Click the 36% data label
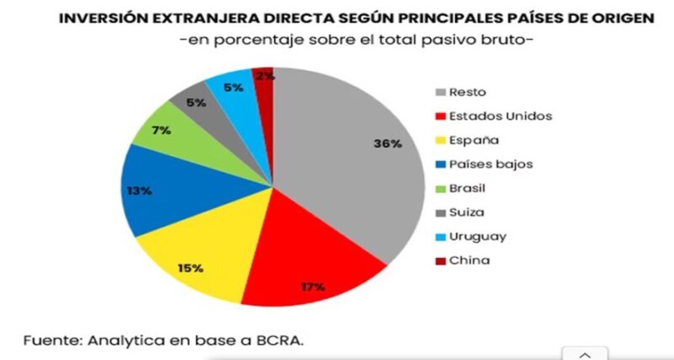click(x=387, y=143)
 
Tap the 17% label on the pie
click(x=313, y=287)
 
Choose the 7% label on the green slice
click(x=162, y=130)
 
